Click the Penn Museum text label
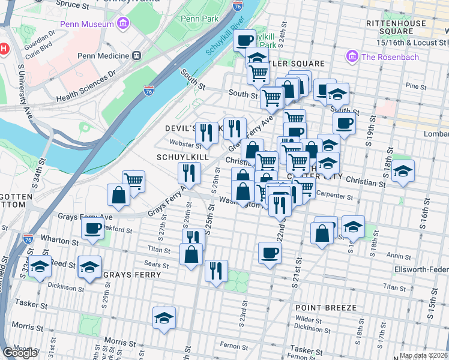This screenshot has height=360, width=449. (86, 24)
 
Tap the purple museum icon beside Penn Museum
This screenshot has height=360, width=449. (123, 24)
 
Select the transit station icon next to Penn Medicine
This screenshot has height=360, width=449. (137, 56)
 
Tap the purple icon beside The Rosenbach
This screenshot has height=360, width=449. (352, 57)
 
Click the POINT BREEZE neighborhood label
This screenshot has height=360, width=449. (325, 308)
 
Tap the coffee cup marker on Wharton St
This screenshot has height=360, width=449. (93, 228)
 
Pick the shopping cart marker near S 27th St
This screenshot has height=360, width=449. (133, 180)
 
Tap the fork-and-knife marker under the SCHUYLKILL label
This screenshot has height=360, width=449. (190, 173)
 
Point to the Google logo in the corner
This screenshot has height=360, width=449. (20, 352)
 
